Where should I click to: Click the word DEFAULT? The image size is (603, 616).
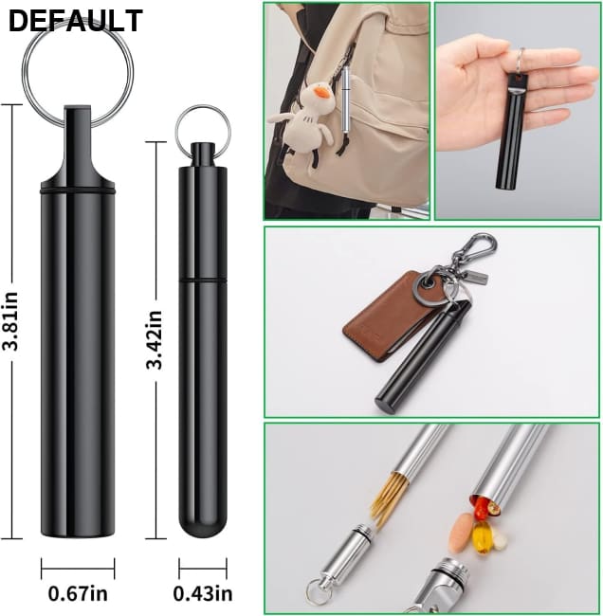click(75, 21)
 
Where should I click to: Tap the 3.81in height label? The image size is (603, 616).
click(10, 321)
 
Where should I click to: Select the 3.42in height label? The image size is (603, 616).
click(155, 339)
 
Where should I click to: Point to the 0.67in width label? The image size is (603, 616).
click(78, 593)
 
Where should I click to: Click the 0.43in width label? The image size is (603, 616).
click(203, 593)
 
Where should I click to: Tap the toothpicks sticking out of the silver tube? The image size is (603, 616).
click(389, 498)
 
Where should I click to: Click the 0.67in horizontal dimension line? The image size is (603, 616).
click(78, 568)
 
